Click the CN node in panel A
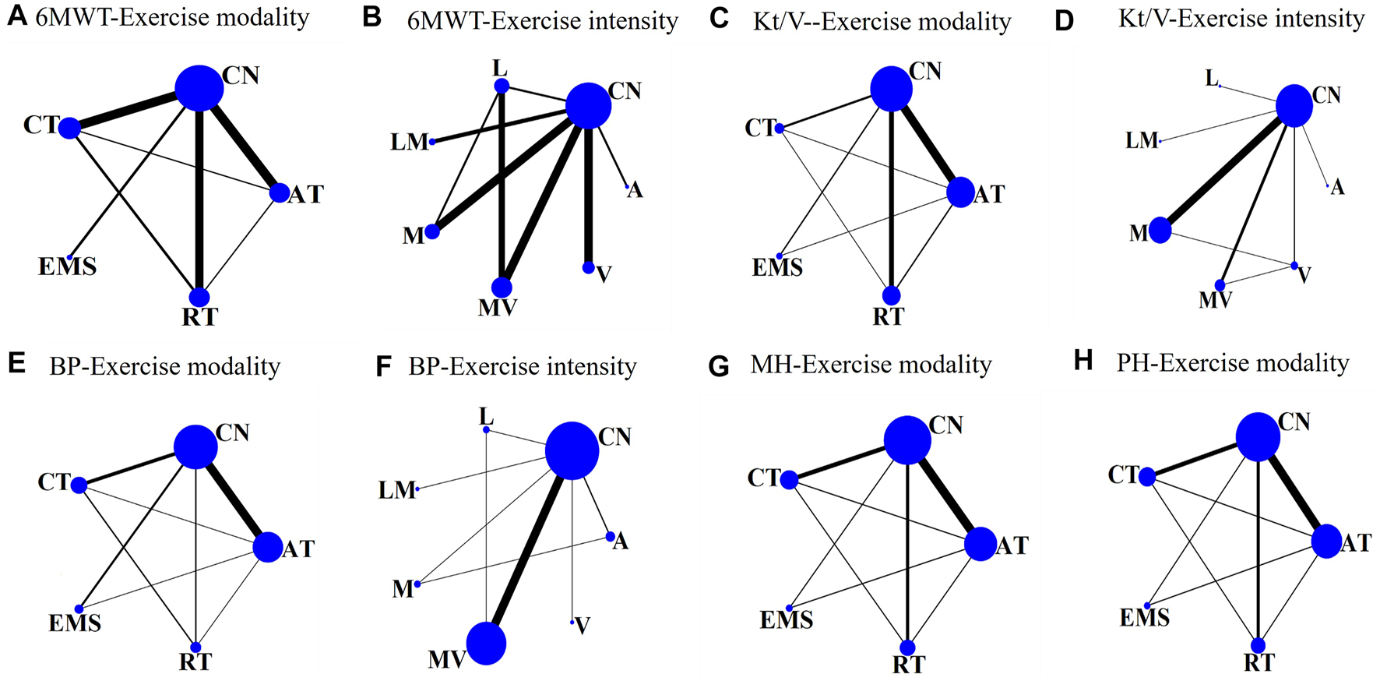click(199, 88)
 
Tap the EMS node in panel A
click(69, 257)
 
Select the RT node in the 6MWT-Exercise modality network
click(199, 297)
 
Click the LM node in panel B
click(432, 141)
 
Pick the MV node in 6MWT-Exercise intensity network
click(502, 288)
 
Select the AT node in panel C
click(961, 192)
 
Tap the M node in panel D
click(1160, 230)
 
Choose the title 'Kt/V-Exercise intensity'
click(1241, 19)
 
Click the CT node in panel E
click(79, 485)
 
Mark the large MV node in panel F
click(486, 644)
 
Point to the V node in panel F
click(572, 622)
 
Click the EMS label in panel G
click(787, 621)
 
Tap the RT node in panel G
click(907, 647)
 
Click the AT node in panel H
click(1326, 542)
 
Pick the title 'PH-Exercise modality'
click(1233, 364)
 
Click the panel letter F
click(382, 366)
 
